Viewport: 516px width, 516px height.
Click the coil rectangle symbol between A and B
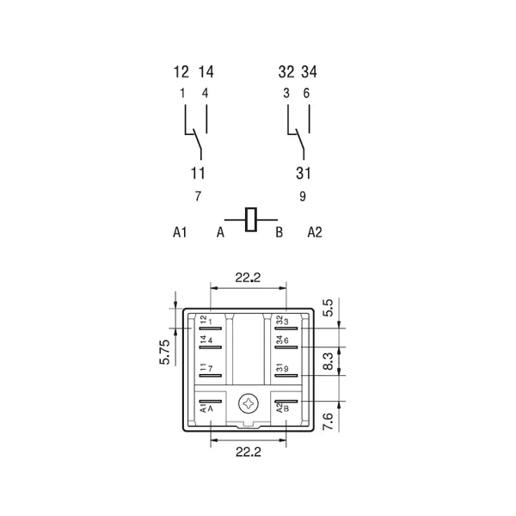pos(251,219)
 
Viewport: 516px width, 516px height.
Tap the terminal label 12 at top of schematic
pos(181,72)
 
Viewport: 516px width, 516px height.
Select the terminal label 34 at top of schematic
pos(309,72)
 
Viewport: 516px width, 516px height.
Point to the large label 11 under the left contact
pos(198,173)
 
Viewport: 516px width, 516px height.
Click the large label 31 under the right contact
pos(303,173)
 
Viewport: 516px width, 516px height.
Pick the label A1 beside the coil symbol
pos(180,232)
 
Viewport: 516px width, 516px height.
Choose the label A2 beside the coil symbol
pos(315,232)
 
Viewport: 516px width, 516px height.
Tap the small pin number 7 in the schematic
pos(198,196)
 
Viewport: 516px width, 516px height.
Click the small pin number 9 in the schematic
pos(303,196)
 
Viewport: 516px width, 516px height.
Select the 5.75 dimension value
pos(165,352)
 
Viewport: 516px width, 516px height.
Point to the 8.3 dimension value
pos(329,361)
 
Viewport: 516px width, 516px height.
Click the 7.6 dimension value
pos(329,421)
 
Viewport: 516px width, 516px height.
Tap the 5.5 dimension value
pos(329,308)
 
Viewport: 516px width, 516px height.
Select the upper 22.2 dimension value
pos(248,278)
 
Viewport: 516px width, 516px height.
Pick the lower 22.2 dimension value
pos(249,451)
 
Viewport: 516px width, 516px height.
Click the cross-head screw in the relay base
pos(249,404)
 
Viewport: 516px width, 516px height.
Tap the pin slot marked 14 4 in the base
pos(211,347)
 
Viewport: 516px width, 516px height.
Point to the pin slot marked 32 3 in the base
pos(286,329)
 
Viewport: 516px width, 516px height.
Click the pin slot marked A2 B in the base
pos(286,402)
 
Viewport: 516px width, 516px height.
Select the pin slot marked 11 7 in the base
pos(211,376)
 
